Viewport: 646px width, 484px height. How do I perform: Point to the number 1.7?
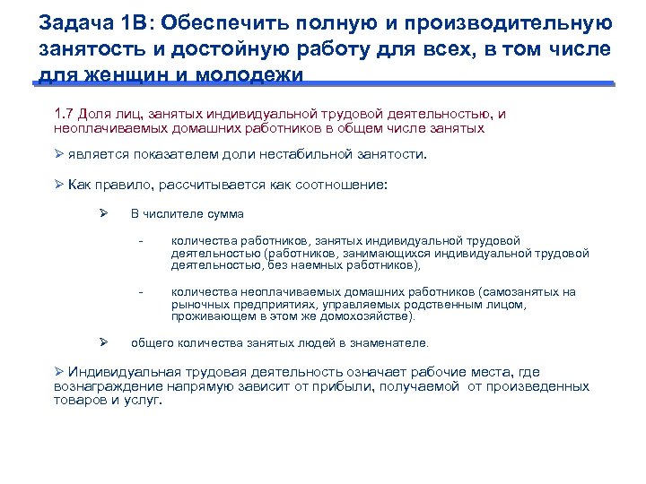(x=64, y=114)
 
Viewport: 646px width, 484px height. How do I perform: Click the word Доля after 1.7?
(x=93, y=114)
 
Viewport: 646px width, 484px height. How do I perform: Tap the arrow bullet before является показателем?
(x=58, y=153)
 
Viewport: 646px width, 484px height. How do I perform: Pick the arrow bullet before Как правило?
(x=58, y=185)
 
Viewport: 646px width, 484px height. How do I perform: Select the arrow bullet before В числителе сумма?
(x=103, y=213)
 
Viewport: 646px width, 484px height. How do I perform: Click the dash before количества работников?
(x=141, y=240)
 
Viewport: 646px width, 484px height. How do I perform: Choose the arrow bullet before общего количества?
(x=103, y=342)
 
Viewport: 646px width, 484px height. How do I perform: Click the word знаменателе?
(x=388, y=342)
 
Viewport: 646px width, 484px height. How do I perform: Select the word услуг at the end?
(x=144, y=401)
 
